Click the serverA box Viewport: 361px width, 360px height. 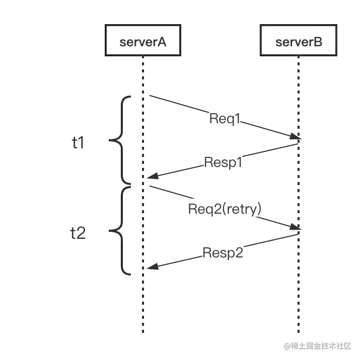pyautogui.click(x=142, y=41)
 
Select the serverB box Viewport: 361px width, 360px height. pyautogui.click(x=299, y=41)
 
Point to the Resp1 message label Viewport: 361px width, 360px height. pyautogui.click(x=224, y=163)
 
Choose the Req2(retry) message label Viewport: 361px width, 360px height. pyautogui.click(x=225, y=209)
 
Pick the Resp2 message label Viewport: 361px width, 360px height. pyautogui.click(x=223, y=252)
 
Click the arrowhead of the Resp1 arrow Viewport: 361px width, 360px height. pyautogui.click(x=146, y=178)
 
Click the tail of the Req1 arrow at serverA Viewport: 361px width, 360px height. pyautogui.click(x=150, y=95)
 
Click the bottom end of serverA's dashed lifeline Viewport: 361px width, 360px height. pyautogui.click(x=143, y=332)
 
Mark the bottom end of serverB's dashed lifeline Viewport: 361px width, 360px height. pyautogui.click(x=298, y=332)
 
